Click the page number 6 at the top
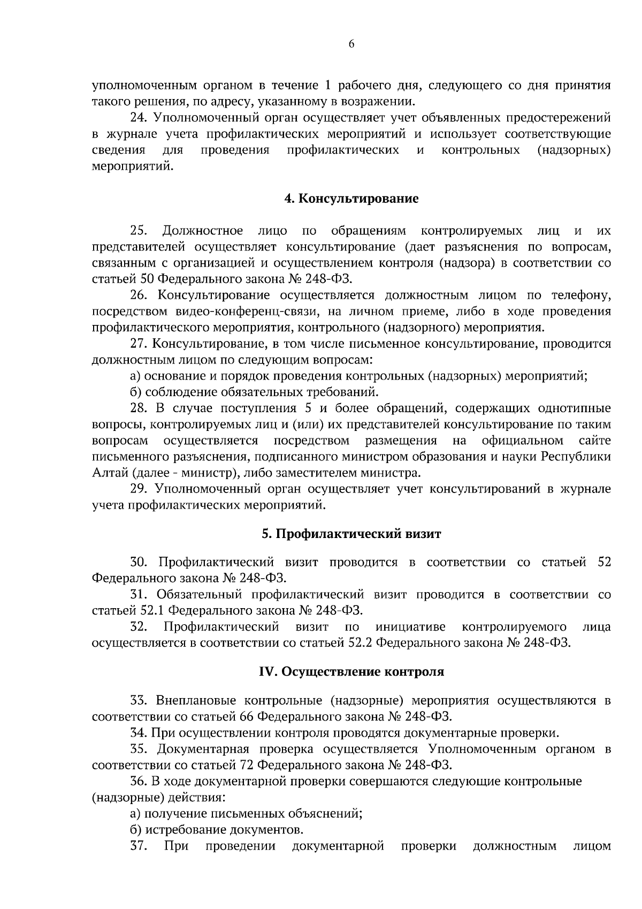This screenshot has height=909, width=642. pos(351,44)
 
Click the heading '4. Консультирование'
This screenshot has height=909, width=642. pos(351,199)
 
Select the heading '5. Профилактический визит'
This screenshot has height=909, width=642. pos(351,534)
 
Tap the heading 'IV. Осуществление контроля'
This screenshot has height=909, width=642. pos(351,671)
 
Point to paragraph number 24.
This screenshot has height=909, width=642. pos(138,117)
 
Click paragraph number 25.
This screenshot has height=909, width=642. pos(138,231)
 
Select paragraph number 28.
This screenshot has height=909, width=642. pos(138,408)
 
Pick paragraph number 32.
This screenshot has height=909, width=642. pos(138,626)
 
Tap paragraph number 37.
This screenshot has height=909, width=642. pos(138,846)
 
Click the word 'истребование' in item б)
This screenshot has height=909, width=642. pos(185,830)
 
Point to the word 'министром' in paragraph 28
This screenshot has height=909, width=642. pos(424,457)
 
